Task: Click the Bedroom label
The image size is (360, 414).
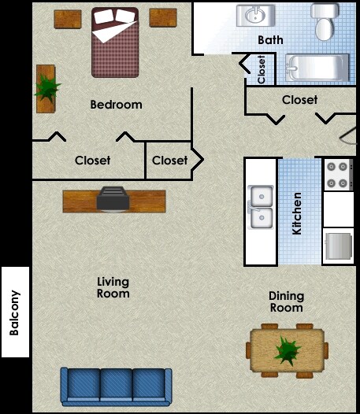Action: (116, 105)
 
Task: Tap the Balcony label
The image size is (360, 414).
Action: (15, 312)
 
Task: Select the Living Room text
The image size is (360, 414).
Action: (113, 287)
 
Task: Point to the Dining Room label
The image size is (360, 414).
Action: (286, 301)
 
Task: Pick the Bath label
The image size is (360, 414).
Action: (270, 40)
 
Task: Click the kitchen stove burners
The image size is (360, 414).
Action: (338, 174)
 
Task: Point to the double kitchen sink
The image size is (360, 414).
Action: (261, 206)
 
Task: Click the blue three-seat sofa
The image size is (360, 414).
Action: (116, 386)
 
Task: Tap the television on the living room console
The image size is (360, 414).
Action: (113, 199)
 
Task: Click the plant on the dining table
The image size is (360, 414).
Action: (287, 349)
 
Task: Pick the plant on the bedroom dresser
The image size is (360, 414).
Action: (46, 87)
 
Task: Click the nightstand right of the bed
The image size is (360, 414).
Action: (163, 17)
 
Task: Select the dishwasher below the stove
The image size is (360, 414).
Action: (338, 245)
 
